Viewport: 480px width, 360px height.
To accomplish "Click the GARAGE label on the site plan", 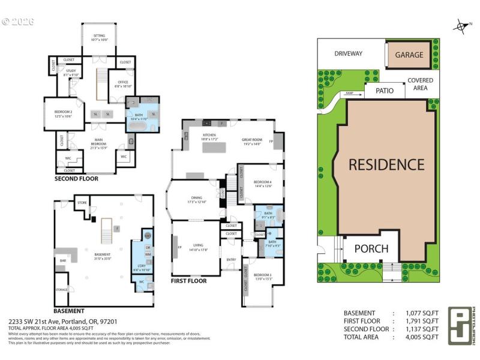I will tap(409, 55).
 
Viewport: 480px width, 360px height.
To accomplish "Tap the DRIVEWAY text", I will tap(348, 54).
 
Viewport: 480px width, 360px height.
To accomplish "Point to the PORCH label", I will tap(371, 248).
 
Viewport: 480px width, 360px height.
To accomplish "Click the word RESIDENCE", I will tap(387, 164).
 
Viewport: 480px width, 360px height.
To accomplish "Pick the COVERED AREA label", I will tap(420, 85).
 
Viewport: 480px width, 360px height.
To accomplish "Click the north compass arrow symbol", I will tap(461, 26).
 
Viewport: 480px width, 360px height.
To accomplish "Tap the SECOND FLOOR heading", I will tap(76, 178).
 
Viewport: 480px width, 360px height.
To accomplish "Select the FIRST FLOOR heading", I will tap(189, 281).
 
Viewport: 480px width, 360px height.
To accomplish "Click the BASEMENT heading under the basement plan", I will tap(69, 311).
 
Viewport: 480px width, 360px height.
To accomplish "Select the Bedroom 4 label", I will tap(263, 183).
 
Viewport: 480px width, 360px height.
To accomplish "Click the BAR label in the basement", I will tap(62, 260).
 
